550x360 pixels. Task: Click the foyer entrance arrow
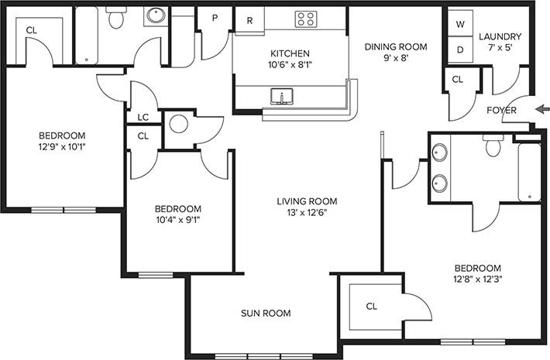click(x=541, y=108)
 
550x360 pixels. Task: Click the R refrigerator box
click(x=249, y=21)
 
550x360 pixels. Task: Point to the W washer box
click(x=459, y=24)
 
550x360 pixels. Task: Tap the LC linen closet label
click(x=143, y=118)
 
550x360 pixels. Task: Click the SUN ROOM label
click(x=266, y=314)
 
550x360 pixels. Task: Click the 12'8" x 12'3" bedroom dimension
click(x=477, y=280)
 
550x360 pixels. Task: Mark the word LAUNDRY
click(x=500, y=37)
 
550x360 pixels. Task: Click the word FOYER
click(x=501, y=110)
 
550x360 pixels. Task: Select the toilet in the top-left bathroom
click(x=117, y=19)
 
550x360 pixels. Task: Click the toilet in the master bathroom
click(x=493, y=146)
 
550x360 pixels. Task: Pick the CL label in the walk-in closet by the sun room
click(x=371, y=307)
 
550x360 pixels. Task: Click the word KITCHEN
click(x=290, y=53)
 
